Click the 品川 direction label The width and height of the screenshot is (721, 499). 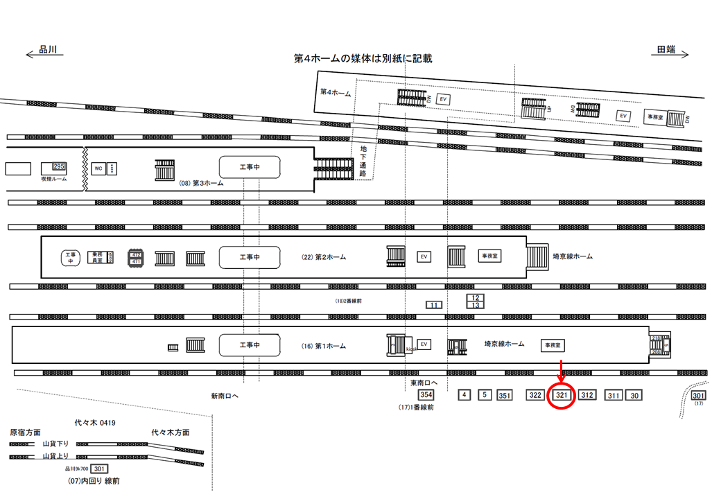[x=48, y=49]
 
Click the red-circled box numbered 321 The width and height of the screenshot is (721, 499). [x=562, y=395]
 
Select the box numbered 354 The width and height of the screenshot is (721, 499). [x=426, y=395]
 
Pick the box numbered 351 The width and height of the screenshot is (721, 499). [x=505, y=396]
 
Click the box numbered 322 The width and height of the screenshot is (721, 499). [x=535, y=395]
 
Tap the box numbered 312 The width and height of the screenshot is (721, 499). [x=587, y=395]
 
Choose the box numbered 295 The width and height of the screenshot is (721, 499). [x=58, y=167]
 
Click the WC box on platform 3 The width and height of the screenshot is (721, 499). [x=98, y=168]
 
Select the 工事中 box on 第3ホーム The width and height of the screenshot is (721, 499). [x=250, y=168]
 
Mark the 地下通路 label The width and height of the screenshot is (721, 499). [x=363, y=160]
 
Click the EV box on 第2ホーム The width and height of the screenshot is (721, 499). [x=424, y=256]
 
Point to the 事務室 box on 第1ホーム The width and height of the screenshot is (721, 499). [x=553, y=344]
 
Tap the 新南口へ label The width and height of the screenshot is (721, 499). [x=225, y=396]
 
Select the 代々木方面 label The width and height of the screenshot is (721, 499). [x=171, y=432]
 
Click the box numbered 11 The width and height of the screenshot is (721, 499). [x=434, y=305]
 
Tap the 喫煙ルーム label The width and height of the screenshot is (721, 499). [x=53, y=178]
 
